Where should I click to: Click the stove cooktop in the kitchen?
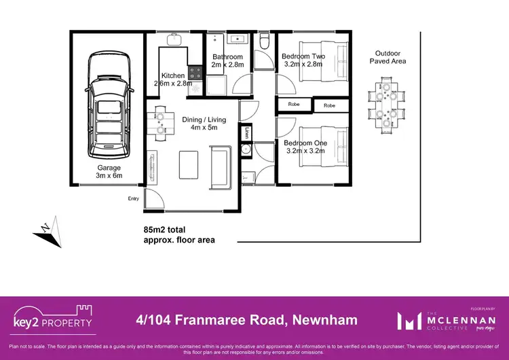click(195, 71)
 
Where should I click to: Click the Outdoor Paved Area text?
click(388, 56)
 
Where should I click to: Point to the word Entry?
click(133, 198)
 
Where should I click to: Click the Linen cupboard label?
click(248, 132)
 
